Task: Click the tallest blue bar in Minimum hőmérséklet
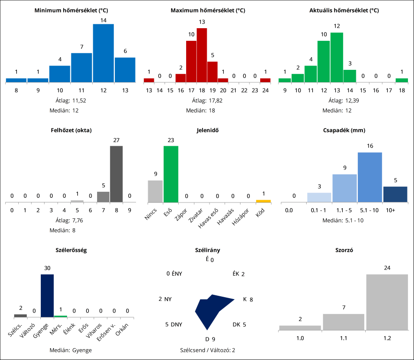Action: (103, 53)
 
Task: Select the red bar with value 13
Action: (202, 55)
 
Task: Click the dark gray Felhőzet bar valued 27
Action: (116, 174)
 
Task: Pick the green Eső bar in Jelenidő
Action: (171, 174)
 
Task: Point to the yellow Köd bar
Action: (263, 201)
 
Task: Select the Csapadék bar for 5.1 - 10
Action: (370, 177)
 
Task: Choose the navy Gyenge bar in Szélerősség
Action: (47, 295)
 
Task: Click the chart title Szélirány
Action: (207, 250)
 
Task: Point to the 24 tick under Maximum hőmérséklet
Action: (265, 90)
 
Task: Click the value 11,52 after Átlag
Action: (80, 100)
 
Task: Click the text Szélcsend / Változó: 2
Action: (207, 350)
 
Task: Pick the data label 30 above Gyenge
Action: (47, 268)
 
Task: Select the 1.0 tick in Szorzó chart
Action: (300, 337)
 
